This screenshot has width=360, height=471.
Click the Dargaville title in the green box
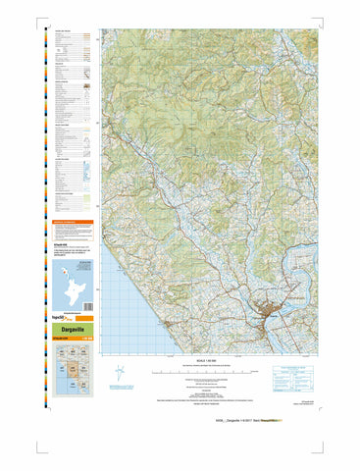click(x=67, y=331)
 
